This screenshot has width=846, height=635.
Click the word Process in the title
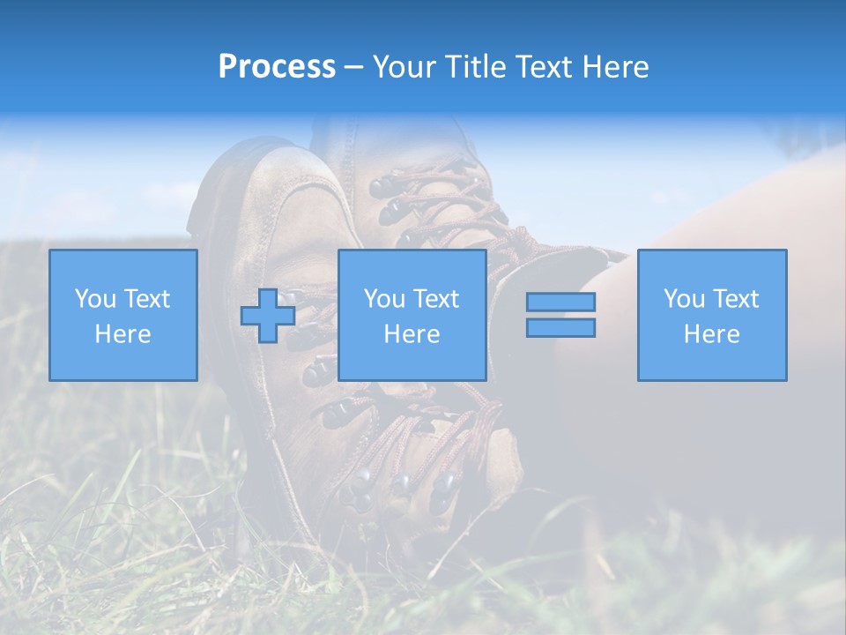click(x=277, y=67)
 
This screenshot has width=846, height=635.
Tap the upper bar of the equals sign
click(x=560, y=302)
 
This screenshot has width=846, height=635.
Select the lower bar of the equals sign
click(x=560, y=327)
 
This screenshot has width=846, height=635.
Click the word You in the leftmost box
click(x=94, y=299)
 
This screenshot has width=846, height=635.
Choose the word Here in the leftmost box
click(x=122, y=334)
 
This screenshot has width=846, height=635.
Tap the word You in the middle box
click(x=383, y=299)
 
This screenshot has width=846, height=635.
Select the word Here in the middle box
click(x=412, y=334)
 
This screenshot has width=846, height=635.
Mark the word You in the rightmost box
click(x=683, y=299)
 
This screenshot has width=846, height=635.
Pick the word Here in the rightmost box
click(x=711, y=334)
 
